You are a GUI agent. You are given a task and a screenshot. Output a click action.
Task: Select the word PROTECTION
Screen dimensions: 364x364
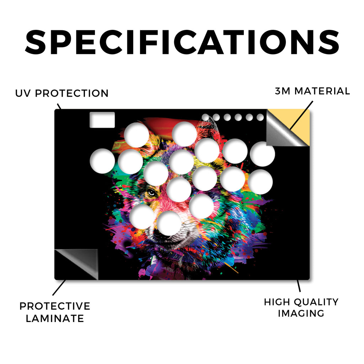point(72,93)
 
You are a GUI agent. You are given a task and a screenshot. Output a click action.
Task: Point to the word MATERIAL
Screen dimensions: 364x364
point(322,91)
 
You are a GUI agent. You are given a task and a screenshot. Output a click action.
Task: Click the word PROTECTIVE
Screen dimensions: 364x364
point(55,306)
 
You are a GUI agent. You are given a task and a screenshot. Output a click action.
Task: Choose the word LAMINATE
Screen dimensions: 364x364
point(55,318)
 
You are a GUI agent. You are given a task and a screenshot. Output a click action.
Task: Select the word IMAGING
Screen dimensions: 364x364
point(301,314)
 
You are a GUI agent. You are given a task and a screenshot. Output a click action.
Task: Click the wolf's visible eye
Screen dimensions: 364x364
point(152,193)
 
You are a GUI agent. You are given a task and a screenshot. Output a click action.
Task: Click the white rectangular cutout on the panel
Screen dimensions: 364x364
point(102,120)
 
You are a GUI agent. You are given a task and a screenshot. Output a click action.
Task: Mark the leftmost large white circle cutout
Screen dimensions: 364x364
point(102,161)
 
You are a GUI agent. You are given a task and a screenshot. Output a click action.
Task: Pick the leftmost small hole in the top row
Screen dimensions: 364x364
point(205,117)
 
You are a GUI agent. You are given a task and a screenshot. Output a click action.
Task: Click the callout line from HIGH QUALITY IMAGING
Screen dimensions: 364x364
point(299,286)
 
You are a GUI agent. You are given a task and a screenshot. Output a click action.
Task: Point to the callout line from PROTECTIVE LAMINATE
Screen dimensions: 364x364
point(59,288)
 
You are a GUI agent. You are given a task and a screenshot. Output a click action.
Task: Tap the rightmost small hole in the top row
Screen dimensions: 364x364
point(260,117)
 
